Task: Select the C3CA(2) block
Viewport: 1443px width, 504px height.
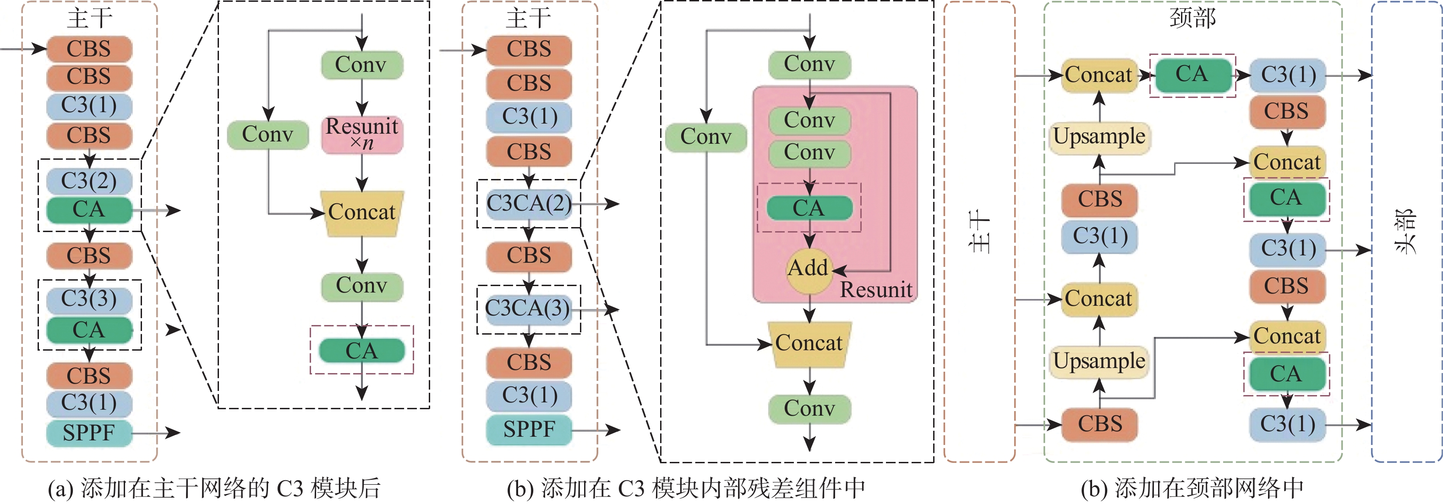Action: (x=528, y=203)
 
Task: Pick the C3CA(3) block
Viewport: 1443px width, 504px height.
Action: (x=528, y=309)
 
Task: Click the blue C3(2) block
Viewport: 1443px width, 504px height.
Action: (x=89, y=181)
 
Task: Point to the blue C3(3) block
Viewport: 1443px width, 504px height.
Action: (x=89, y=299)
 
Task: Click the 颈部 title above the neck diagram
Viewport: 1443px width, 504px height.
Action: (x=1192, y=18)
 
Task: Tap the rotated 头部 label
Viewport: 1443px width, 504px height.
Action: (x=1405, y=231)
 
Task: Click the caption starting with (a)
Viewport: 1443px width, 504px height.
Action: (x=214, y=488)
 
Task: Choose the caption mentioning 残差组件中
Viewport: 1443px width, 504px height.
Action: (x=686, y=488)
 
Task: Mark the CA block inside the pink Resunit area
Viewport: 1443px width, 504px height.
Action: (x=809, y=208)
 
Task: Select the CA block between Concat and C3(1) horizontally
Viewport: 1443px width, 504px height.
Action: (x=1192, y=75)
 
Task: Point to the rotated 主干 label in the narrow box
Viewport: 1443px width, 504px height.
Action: (x=979, y=231)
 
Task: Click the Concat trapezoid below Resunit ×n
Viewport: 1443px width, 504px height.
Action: (x=362, y=213)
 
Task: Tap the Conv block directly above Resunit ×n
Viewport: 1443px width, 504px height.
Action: (x=361, y=65)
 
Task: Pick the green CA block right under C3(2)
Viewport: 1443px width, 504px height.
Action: (x=89, y=210)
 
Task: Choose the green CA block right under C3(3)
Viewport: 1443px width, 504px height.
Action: (x=89, y=331)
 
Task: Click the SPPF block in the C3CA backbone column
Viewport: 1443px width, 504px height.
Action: (x=528, y=429)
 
